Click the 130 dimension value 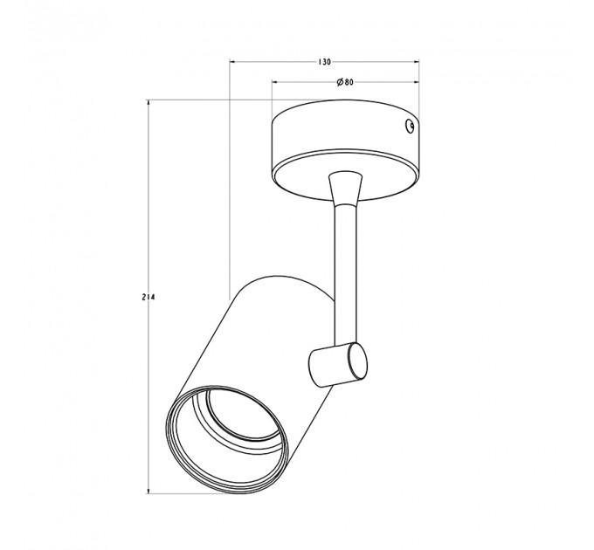tap(324, 62)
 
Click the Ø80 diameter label tap(345, 82)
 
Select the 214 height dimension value tap(148, 297)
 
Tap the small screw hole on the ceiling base tap(410, 126)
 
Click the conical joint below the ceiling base tap(345, 188)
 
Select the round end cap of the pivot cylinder tap(357, 361)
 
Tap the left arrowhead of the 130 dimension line tap(232, 62)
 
